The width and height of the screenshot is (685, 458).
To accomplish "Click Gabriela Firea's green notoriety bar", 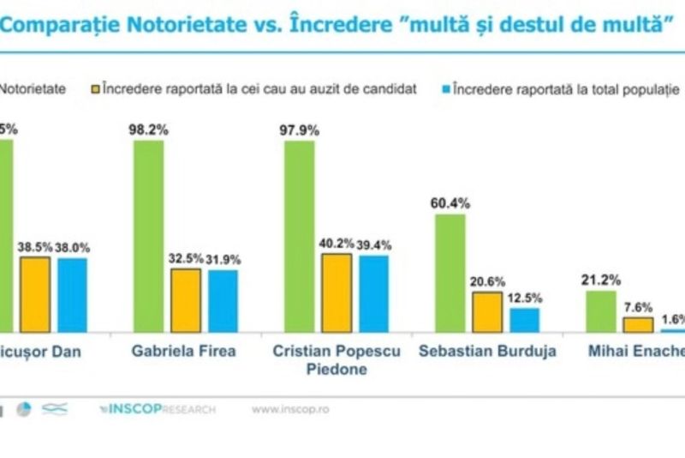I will [x=148, y=236].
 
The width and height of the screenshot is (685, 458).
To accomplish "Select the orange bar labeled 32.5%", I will [x=186, y=300].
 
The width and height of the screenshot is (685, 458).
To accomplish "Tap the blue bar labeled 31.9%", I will [x=223, y=301].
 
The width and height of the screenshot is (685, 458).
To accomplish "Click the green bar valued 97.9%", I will [x=299, y=236].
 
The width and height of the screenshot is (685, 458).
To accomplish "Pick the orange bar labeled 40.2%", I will [x=337, y=292].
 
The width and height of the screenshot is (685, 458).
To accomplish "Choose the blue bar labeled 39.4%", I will [x=373, y=293].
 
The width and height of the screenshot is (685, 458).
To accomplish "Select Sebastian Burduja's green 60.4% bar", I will [x=450, y=273].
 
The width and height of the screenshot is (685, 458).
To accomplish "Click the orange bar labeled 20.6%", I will [x=487, y=311].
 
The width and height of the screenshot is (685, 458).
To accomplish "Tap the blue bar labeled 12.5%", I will [x=524, y=320].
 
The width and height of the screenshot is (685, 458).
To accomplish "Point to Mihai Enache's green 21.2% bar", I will [x=600, y=311].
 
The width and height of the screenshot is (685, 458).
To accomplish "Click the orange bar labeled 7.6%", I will [x=637, y=324].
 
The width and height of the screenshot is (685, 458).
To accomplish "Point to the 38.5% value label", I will [x=34, y=247].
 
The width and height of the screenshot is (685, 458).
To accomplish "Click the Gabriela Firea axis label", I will [x=184, y=351].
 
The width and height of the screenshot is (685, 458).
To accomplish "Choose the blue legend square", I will [x=445, y=88].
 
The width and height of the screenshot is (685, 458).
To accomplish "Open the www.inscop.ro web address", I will [x=289, y=409].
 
